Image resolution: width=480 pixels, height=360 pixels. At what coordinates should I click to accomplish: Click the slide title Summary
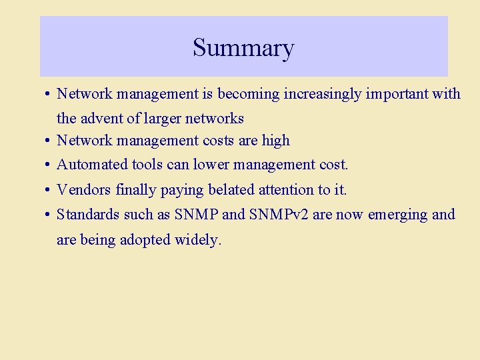(x=243, y=48)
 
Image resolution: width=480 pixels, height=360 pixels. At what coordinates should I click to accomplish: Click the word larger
(x=163, y=119)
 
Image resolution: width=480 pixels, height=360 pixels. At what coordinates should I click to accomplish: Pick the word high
(x=276, y=141)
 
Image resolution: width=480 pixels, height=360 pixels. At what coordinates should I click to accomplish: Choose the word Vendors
(x=83, y=190)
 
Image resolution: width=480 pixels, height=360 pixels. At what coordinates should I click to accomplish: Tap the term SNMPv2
(x=290, y=215)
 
